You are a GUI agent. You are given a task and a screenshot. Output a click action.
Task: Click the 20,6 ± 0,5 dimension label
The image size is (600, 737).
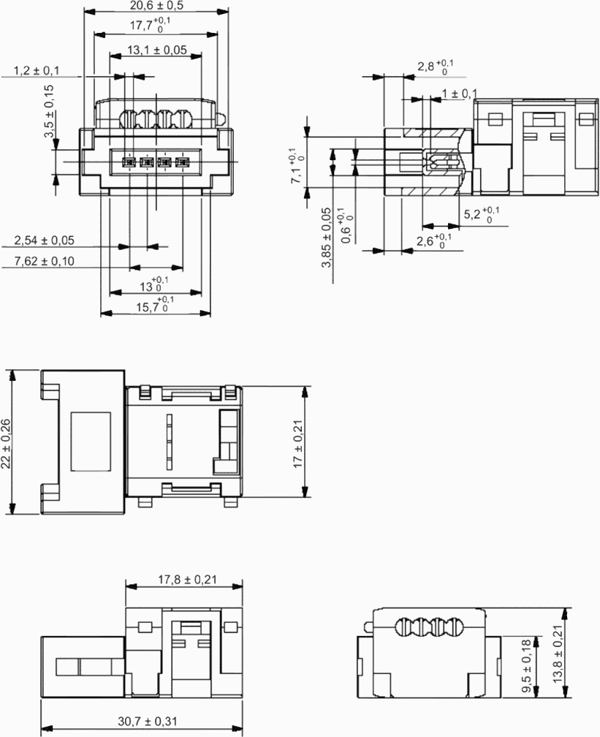(156, 6)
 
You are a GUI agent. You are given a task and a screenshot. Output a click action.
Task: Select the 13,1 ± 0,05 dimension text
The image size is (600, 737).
(157, 50)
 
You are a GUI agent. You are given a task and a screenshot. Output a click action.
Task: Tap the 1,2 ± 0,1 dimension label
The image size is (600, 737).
(37, 70)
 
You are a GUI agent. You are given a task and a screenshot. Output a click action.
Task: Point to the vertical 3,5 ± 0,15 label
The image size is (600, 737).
(49, 111)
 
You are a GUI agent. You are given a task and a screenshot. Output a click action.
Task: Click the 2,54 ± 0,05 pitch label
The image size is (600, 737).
(44, 241)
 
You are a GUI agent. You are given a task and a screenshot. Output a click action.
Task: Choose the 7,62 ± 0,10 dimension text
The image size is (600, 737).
(44, 261)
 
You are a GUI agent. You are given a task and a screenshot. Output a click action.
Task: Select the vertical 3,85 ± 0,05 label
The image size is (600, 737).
(327, 238)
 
